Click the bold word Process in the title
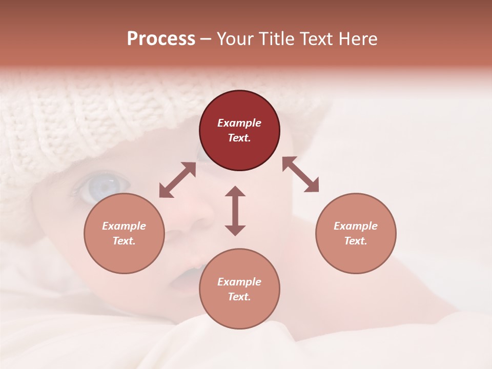click(x=161, y=39)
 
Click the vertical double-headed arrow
click(x=235, y=211)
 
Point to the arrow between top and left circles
click(x=177, y=180)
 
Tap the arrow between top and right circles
click(x=300, y=174)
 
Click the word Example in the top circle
click(x=239, y=123)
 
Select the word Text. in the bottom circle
click(x=239, y=297)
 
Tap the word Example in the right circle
click(x=356, y=226)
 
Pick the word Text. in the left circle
click(x=124, y=241)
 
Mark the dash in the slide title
click(x=206, y=39)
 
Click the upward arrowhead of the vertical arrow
click(x=235, y=192)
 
